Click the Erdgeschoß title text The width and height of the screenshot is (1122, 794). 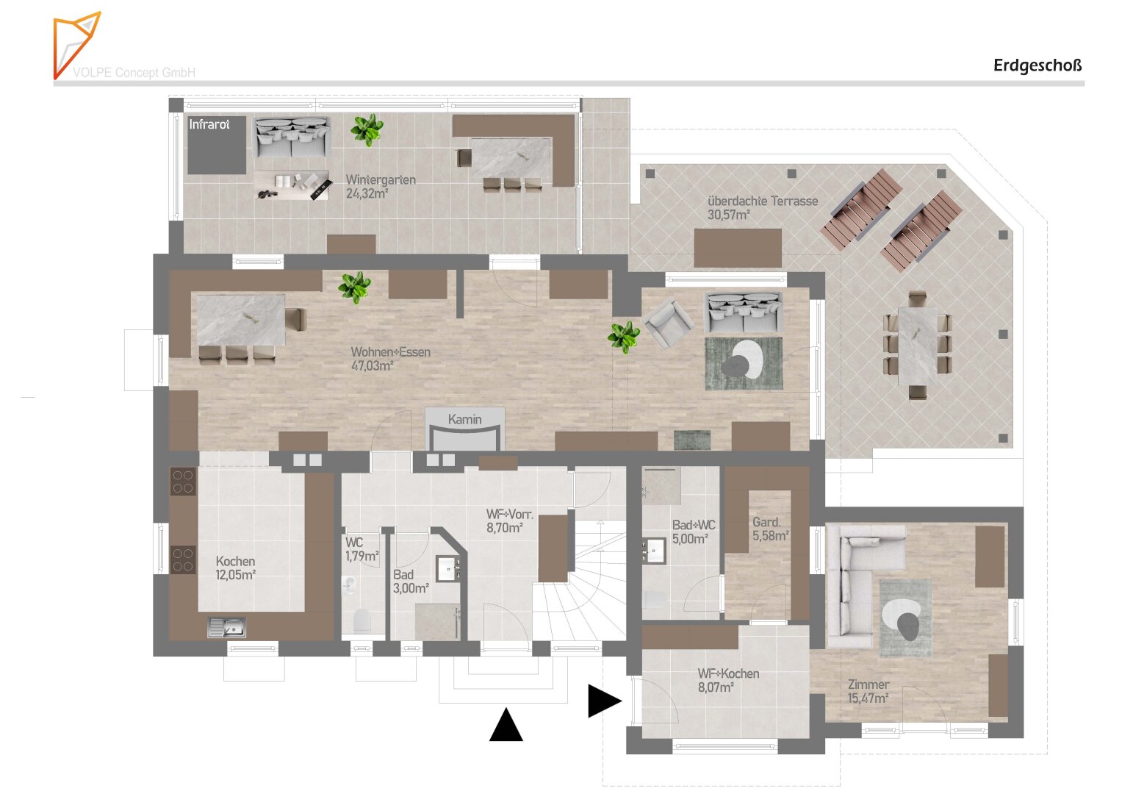[1038, 65]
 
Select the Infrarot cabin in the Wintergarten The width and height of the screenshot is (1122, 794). [217, 146]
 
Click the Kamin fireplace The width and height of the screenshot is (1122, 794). [465, 429]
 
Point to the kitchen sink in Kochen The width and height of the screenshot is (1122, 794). [227, 627]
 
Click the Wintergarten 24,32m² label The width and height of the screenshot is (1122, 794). [381, 187]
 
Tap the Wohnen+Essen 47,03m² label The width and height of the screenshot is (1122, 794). [391, 359]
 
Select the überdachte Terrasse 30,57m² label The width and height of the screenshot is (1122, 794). [763, 208]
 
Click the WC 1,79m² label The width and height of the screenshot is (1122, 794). [362, 549]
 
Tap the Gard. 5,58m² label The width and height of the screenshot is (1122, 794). [770, 529]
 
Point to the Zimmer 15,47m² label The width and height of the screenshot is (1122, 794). [869, 691]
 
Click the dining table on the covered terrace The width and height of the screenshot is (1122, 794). [917, 346]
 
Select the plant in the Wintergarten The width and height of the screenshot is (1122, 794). [367, 129]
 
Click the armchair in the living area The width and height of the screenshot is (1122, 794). [669, 321]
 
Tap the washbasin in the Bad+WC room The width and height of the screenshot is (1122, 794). [654, 551]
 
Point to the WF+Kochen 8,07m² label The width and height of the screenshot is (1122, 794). [729, 680]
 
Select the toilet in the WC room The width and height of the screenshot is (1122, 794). [362, 620]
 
